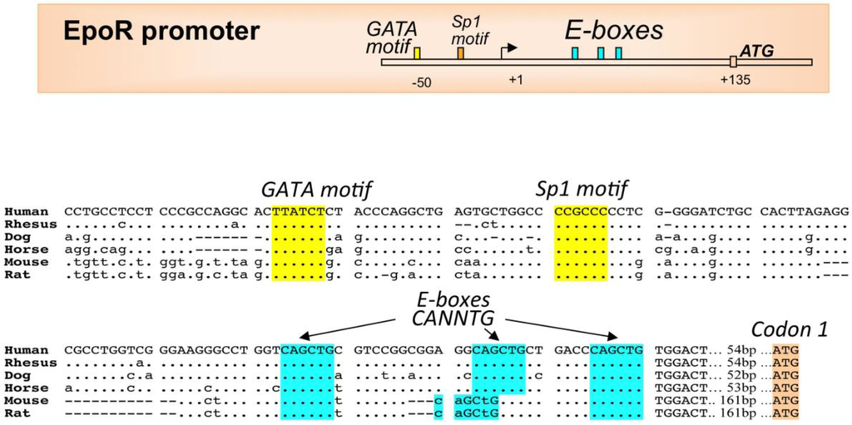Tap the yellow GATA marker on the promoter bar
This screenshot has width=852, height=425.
(x=417, y=53)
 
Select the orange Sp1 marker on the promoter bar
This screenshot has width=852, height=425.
(x=460, y=53)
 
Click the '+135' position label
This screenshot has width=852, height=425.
(x=735, y=80)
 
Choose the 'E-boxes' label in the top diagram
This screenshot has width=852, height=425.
(x=614, y=31)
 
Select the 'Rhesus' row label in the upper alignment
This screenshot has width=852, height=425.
(x=30, y=224)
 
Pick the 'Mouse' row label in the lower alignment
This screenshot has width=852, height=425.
(x=27, y=400)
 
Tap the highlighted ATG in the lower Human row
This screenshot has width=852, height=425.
(x=785, y=349)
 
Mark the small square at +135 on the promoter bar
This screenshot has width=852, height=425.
(x=733, y=62)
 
